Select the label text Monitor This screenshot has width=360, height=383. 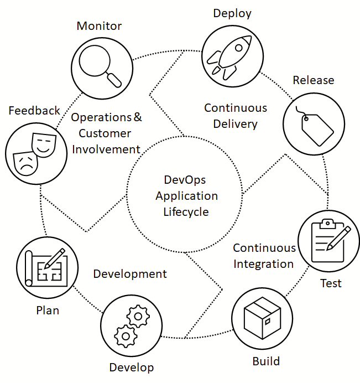click(100, 26)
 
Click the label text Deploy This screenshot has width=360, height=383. click(232, 13)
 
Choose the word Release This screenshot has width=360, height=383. click(314, 80)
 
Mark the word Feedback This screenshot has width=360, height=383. click(34, 111)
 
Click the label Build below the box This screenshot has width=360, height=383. click(266, 361)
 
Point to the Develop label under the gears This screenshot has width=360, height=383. click(132, 368)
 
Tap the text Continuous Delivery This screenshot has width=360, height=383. click(236, 116)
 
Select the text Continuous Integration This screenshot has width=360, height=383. click(264, 256)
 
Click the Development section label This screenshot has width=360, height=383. click(130, 274)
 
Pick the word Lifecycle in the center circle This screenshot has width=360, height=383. click(186, 211)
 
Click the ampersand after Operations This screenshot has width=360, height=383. click(138, 117)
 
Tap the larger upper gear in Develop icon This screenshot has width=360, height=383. click(138, 317)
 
